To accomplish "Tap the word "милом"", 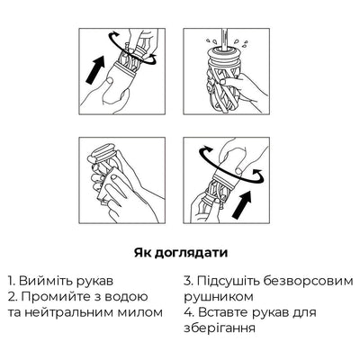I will pos(144,312).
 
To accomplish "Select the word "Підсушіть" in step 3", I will pos(230,280).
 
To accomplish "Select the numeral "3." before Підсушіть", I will pos(188,280).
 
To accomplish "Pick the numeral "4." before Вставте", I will pos(189,312).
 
